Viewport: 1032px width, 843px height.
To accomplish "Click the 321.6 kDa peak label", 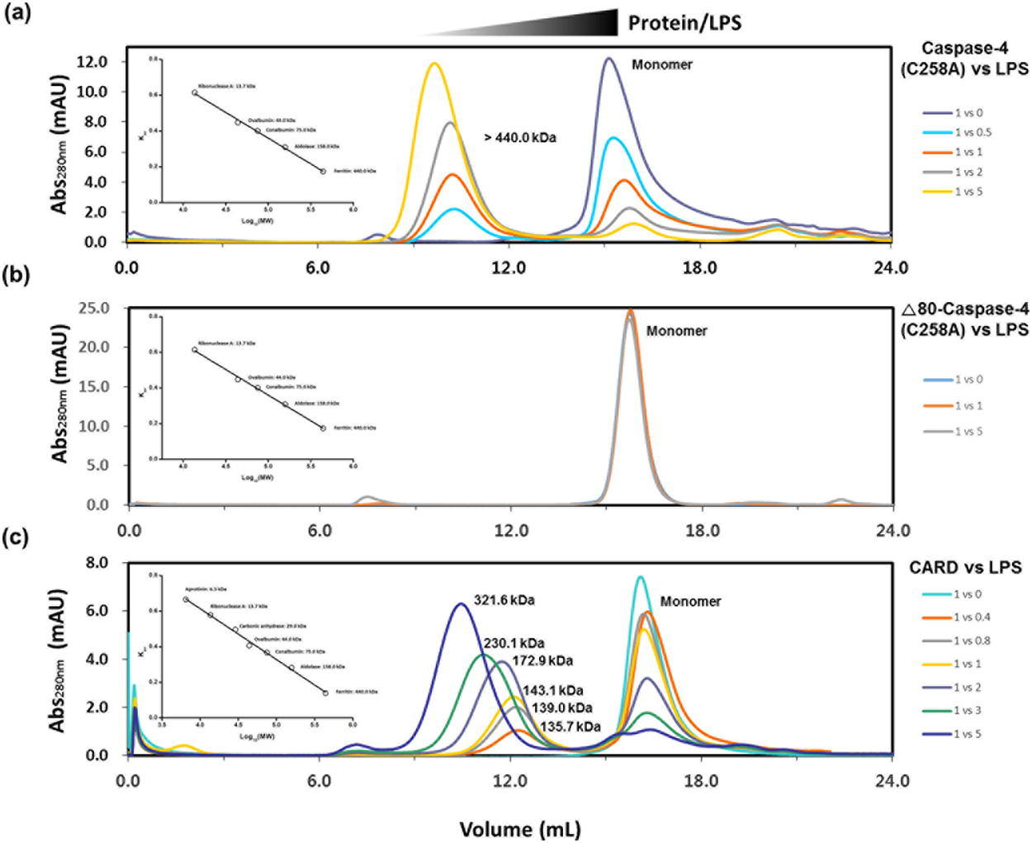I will coord(504,600).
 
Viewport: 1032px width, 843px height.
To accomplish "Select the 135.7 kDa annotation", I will coord(570,727).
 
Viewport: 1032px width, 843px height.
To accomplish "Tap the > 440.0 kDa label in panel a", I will coord(519,137).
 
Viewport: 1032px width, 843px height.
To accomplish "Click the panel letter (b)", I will coord(17,276).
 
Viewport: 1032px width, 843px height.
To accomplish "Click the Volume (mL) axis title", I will coord(519,829).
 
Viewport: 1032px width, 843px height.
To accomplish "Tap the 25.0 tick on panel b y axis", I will coord(92,308).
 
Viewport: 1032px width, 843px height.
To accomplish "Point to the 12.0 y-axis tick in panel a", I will coord(91,62).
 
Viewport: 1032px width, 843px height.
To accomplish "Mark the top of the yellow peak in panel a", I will coord(434,64).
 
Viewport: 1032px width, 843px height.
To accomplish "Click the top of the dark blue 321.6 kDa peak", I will coord(461,604).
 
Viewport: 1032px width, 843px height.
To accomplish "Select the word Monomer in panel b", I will coord(676,330).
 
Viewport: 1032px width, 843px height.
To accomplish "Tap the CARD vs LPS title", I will coord(964,567).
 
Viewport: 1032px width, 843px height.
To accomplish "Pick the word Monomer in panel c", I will coord(690,601).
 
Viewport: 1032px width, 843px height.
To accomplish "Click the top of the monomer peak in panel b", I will coord(630,311).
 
